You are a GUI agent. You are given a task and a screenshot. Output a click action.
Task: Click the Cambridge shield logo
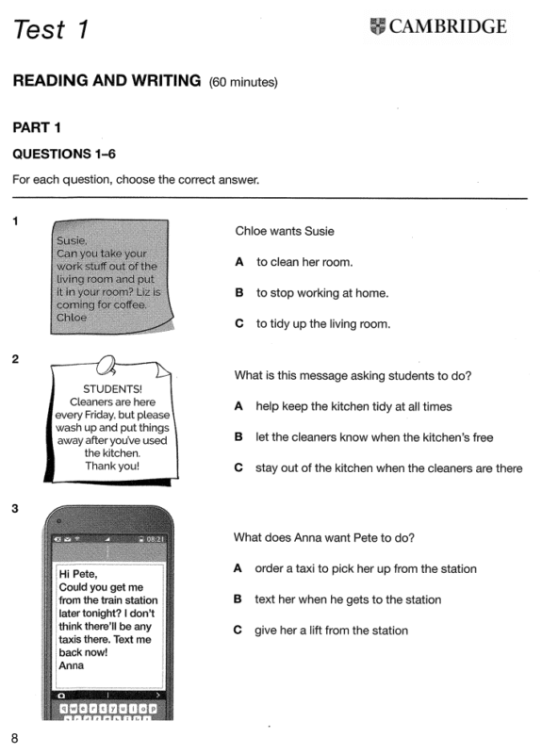(x=378, y=26)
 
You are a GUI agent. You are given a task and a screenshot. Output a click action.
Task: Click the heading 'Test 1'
(x=51, y=29)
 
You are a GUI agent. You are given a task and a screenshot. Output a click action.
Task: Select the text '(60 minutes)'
(x=243, y=82)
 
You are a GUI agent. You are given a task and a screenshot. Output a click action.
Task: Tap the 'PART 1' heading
(x=37, y=127)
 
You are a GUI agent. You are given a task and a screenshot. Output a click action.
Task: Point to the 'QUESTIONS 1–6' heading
(x=64, y=154)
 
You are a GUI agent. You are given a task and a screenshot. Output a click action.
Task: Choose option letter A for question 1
(x=239, y=262)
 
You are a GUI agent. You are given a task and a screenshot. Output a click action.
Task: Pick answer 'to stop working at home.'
(x=322, y=293)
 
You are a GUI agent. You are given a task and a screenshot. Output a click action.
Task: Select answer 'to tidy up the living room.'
(x=323, y=323)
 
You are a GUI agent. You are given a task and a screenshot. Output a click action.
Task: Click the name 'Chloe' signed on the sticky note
(x=72, y=318)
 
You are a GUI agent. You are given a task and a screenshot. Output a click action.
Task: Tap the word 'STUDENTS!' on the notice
(x=112, y=389)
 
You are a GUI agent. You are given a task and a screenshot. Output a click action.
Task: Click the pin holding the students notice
(x=107, y=366)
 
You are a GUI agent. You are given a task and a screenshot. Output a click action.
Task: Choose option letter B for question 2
(x=238, y=437)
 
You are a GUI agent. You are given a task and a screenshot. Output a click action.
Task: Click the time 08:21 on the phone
(x=155, y=539)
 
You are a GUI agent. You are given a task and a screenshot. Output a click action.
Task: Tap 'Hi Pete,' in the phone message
(x=78, y=574)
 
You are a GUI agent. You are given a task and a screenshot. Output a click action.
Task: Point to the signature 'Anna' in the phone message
(x=72, y=665)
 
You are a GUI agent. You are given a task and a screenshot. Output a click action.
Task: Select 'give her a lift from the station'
(x=332, y=631)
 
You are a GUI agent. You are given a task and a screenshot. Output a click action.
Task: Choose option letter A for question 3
(x=238, y=568)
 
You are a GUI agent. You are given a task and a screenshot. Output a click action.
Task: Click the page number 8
(x=14, y=738)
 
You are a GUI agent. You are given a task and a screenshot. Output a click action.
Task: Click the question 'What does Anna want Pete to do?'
(x=323, y=537)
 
